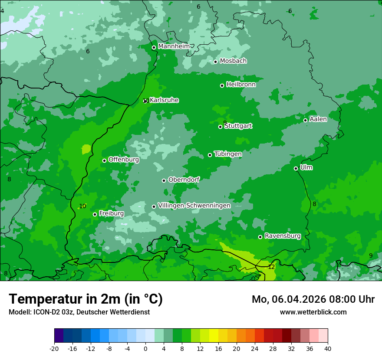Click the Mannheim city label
coord(174,46)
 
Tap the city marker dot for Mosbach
coord(215,62)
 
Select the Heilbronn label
coord(241,85)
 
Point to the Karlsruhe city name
coord(164,100)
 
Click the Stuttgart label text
coord(238,126)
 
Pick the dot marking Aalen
coord(305,120)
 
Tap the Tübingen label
coord(228,154)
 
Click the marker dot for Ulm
coord(296,168)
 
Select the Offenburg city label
coord(124,160)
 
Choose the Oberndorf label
coord(184,180)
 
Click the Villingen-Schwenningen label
coord(194,206)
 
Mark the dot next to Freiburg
coord(95,214)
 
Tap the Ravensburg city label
coord(283,236)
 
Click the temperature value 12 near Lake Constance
coord(271,267)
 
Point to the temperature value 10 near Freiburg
coord(82,206)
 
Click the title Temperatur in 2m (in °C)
coord(86,299)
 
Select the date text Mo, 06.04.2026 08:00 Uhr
coord(313,299)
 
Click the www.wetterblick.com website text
coord(313,312)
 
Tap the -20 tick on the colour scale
coord(54,349)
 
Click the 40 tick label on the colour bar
coord(327,349)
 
